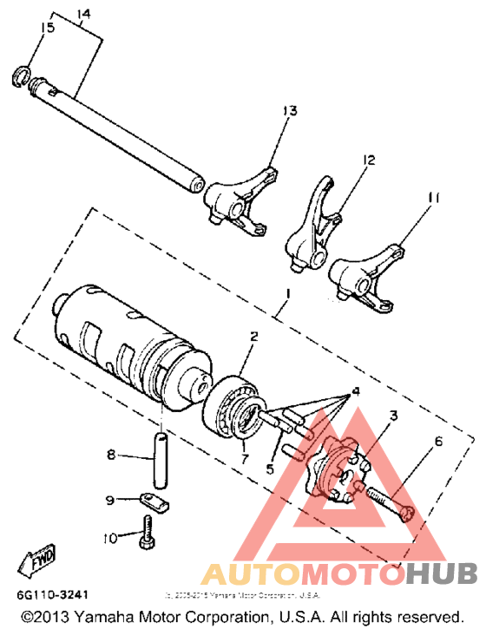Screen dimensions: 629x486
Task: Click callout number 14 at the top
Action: [x=83, y=14]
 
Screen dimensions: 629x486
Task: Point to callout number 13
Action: [x=288, y=110]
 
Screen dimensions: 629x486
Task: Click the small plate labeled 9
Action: [x=155, y=501]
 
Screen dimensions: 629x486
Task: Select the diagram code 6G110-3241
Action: [x=53, y=596]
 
